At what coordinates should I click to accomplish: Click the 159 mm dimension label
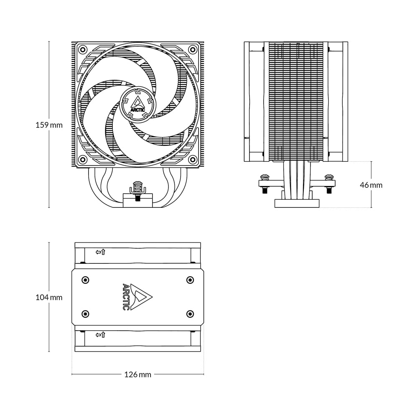(49, 125)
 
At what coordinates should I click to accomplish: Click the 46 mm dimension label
(371, 185)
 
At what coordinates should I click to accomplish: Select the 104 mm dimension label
(49, 298)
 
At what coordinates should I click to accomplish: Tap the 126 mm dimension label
(138, 375)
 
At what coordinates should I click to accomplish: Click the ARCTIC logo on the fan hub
(138, 103)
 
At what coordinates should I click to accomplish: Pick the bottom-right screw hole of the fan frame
(192, 159)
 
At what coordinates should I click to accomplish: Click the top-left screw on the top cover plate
(85, 279)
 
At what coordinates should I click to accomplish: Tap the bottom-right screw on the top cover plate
(190, 313)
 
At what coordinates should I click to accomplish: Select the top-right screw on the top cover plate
(190, 279)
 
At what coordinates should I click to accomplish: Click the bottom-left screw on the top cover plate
(85, 313)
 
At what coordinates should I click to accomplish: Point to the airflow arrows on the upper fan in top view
(100, 252)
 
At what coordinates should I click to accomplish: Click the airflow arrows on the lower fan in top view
(100, 335)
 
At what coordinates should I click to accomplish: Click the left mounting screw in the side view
(265, 182)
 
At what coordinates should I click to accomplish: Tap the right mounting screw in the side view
(329, 182)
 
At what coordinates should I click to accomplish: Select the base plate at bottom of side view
(297, 204)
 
